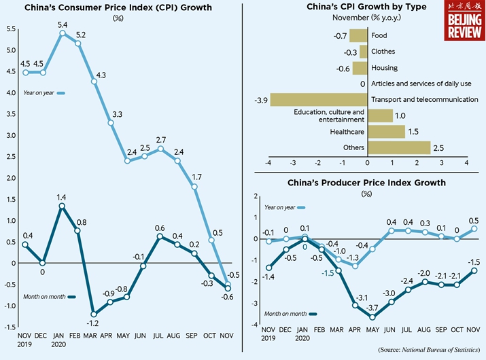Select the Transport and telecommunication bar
319,100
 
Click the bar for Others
399,147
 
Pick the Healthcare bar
386,131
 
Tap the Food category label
380,35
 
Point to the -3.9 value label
259,100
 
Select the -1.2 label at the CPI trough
93,324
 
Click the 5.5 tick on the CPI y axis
10,29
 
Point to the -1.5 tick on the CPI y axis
9,327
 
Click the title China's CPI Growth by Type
368,7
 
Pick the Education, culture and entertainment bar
380,115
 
